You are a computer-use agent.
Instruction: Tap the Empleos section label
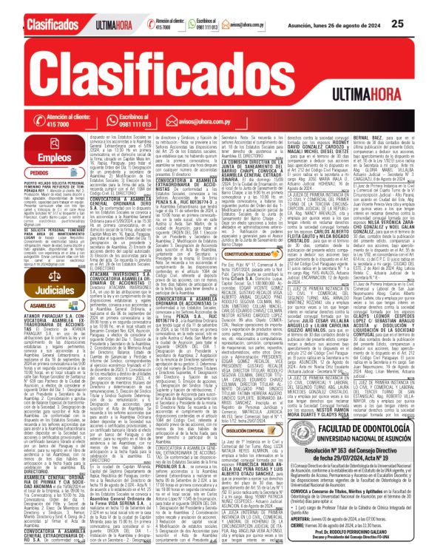[44, 157]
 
